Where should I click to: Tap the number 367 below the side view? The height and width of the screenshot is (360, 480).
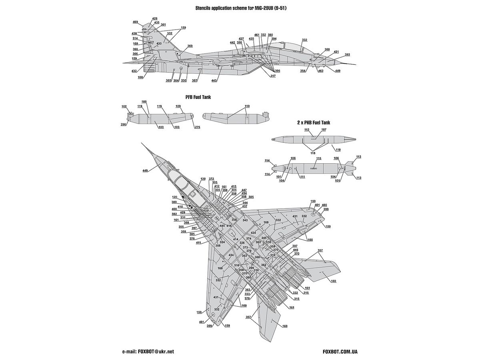(x=195, y=80)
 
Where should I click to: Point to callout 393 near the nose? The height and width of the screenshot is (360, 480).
(x=347, y=54)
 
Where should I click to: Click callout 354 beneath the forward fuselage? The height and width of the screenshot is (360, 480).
(x=303, y=70)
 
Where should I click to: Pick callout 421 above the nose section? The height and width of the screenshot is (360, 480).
(x=336, y=52)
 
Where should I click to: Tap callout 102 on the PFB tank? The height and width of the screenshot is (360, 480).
(x=124, y=106)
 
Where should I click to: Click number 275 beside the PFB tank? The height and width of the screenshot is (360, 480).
(x=197, y=127)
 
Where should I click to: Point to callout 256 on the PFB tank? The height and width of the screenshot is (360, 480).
(x=124, y=125)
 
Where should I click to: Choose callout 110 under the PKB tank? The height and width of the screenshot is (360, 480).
(x=338, y=150)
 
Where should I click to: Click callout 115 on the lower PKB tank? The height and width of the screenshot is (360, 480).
(x=319, y=158)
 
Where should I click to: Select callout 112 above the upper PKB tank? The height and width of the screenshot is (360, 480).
(x=307, y=130)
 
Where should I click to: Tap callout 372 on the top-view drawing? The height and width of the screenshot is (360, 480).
(x=211, y=179)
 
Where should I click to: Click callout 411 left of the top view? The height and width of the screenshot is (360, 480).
(x=198, y=243)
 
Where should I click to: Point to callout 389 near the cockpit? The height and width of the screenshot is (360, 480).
(x=174, y=202)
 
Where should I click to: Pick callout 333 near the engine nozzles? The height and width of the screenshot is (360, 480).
(x=248, y=294)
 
